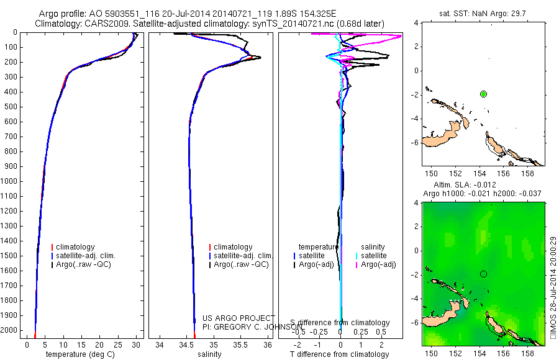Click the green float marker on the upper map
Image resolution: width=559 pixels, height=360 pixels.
pos(483,94)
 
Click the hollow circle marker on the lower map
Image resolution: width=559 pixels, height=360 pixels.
pos(483,274)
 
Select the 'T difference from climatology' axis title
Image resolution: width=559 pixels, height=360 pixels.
pos(340,354)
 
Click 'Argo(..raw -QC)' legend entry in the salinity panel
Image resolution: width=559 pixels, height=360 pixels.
pos(241,264)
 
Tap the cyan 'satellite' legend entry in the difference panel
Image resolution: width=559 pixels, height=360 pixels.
pos(374,256)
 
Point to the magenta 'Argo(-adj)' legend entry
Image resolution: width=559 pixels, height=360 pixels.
pos(378,264)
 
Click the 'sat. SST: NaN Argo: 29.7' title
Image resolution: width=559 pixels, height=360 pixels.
pos(483,13)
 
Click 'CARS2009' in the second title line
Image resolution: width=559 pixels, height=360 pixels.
pos(102,24)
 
